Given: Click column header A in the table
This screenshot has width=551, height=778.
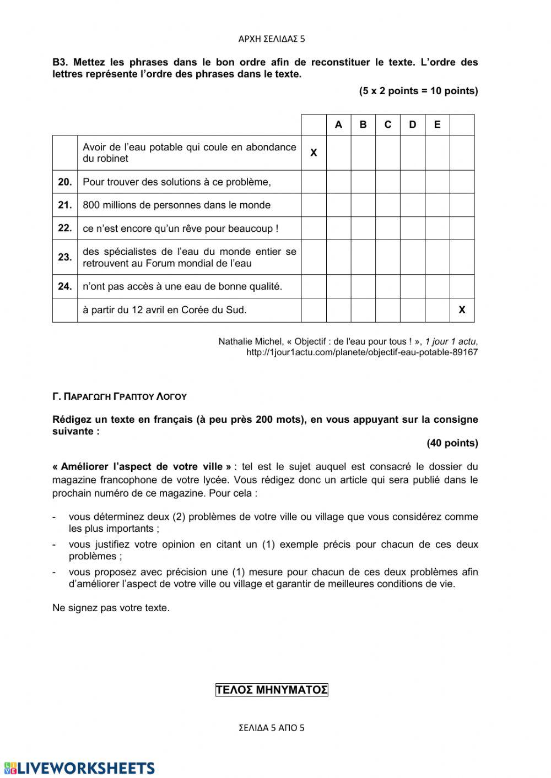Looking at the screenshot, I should pyautogui.click(x=338, y=125).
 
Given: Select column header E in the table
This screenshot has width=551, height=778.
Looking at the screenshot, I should pyautogui.click(x=437, y=125).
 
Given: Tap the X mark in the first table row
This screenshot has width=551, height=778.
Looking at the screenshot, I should pyautogui.click(x=314, y=153).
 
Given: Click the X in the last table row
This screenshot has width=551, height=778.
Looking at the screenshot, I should pyautogui.click(x=462, y=310).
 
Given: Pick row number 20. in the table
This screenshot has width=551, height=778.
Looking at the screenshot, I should pyautogui.click(x=65, y=182).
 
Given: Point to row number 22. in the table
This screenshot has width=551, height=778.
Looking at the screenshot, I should pyautogui.click(x=65, y=228).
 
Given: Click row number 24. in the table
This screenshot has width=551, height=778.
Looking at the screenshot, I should pyautogui.click(x=65, y=286).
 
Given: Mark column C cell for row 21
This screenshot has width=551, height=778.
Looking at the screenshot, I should pyautogui.click(x=388, y=205).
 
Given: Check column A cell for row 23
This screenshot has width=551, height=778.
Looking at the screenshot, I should pyautogui.click(x=338, y=257).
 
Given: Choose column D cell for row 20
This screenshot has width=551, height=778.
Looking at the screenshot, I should pyautogui.click(x=413, y=182).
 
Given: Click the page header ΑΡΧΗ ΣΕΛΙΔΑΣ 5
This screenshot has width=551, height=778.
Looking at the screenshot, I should pyautogui.click(x=272, y=39).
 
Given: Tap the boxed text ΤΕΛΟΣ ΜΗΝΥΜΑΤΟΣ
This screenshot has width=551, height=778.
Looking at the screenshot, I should pyautogui.click(x=272, y=690).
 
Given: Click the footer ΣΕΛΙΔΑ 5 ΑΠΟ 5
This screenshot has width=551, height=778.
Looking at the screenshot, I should pyautogui.click(x=272, y=728).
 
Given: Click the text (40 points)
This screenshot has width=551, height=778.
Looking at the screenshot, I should pyautogui.click(x=452, y=443).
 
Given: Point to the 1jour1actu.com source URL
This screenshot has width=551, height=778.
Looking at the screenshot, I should pyautogui.click(x=362, y=352).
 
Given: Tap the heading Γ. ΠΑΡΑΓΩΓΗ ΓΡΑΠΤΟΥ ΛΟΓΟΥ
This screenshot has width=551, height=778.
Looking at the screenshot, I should pyautogui.click(x=120, y=396).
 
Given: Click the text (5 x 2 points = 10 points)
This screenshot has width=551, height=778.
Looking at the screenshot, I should pyautogui.click(x=418, y=91).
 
